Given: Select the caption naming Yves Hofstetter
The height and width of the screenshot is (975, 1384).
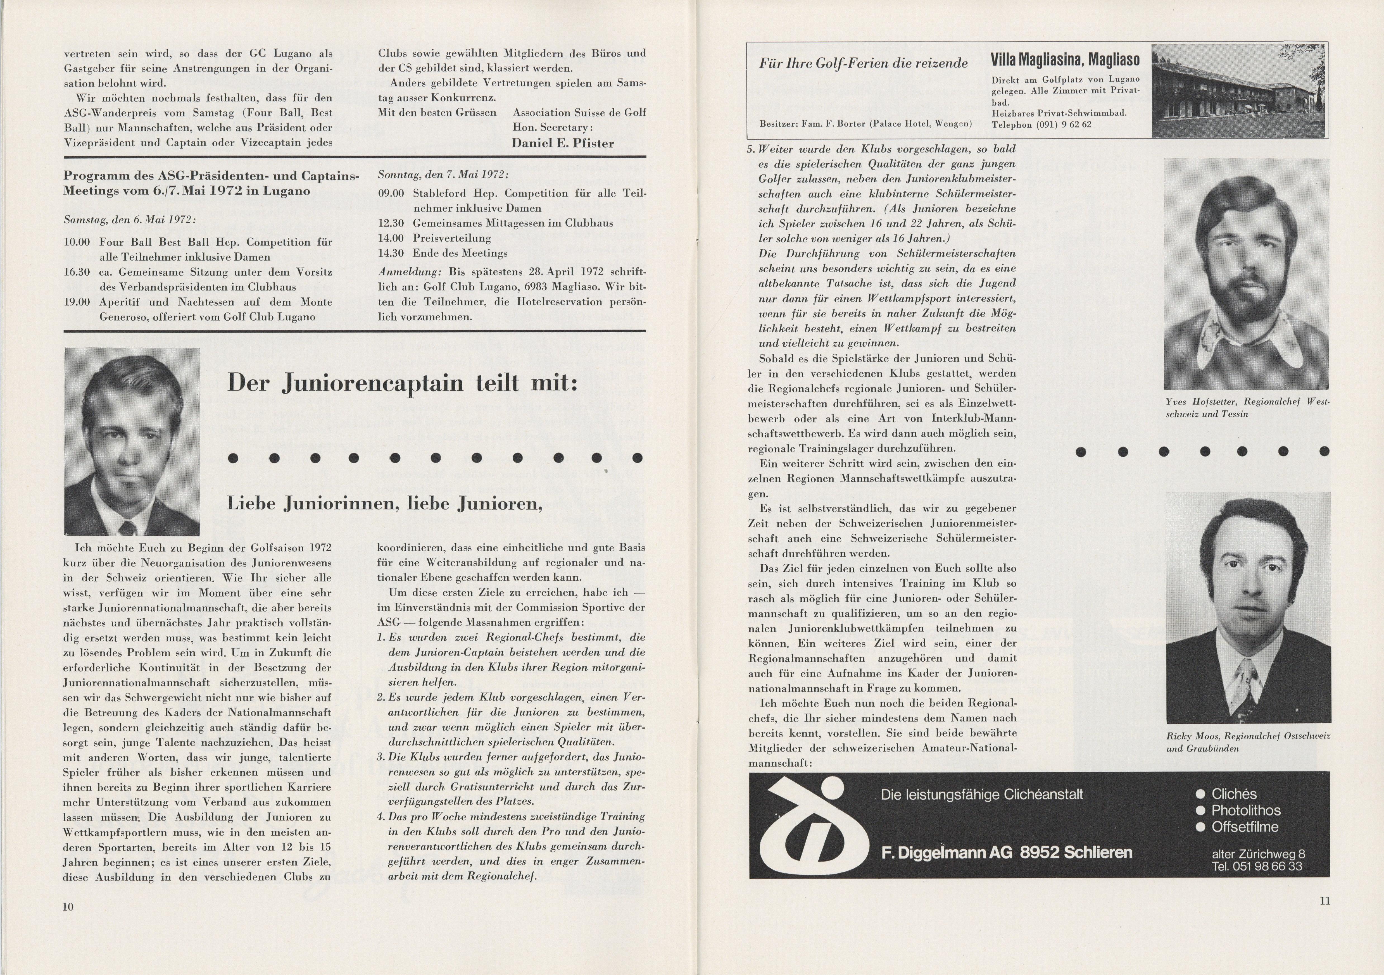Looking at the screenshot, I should pos(1247,407).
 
